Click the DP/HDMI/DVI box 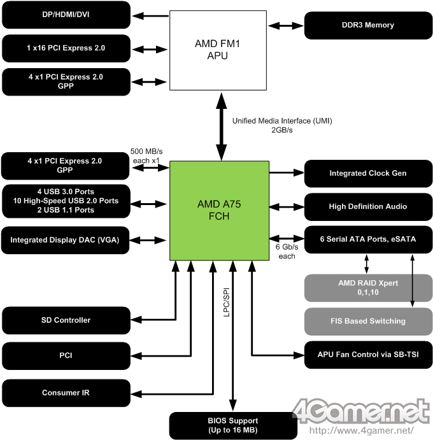pyautogui.click(x=66, y=15)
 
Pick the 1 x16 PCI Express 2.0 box pyautogui.click(x=66, y=48)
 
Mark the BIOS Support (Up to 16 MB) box pyautogui.click(x=233, y=425)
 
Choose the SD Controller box pyautogui.click(x=66, y=320)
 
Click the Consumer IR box pyautogui.click(x=66, y=393)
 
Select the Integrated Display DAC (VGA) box pyautogui.click(x=66, y=240)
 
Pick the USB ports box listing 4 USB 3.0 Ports pyautogui.click(x=66, y=200)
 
